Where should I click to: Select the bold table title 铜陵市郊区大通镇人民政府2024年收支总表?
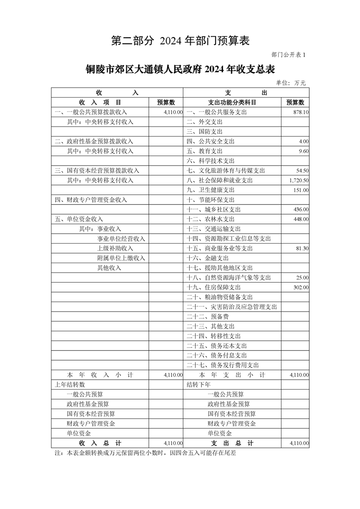coord(180,69)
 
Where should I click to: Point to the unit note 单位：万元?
coord(291,83)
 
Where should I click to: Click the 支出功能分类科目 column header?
coord(232,102)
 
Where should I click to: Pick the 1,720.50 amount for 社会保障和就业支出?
coord(299,180)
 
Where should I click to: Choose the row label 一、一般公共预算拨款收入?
coord(91,112)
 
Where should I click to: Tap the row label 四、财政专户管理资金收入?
coord(91,200)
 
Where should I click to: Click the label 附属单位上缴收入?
coord(121,258)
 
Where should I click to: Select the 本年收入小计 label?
coord(99,375)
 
